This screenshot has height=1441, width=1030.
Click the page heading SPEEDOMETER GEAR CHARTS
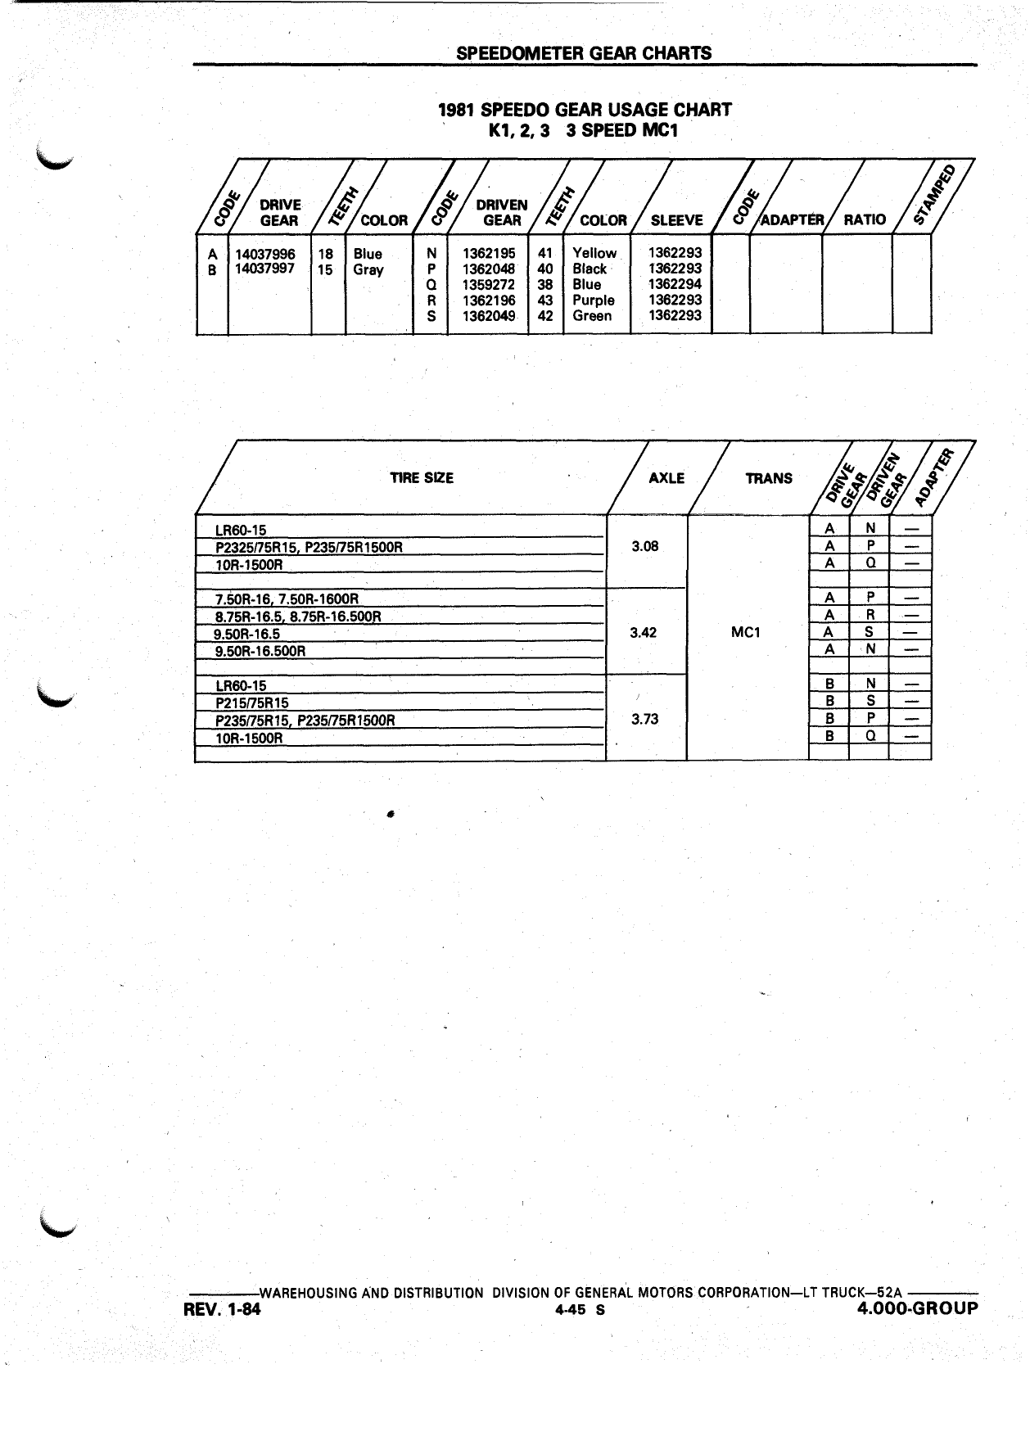584,53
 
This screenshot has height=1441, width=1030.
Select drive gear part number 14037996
265,255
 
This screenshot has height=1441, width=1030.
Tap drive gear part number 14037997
265,269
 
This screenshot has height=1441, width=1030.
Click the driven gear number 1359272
489,285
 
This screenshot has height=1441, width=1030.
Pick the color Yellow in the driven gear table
594,254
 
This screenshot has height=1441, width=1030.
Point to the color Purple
594,300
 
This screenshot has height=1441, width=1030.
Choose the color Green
592,316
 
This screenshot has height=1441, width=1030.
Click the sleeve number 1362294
675,285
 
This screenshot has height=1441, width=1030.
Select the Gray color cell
368,270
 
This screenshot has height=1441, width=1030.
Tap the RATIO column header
865,219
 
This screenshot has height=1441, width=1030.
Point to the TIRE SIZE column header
422,478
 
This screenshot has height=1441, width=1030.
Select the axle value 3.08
646,546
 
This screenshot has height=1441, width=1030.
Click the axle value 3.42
644,633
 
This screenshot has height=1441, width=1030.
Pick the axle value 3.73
646,720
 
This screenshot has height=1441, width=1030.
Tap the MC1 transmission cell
746,633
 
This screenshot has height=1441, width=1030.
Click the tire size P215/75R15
252,703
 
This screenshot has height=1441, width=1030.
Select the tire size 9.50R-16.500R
260,652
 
